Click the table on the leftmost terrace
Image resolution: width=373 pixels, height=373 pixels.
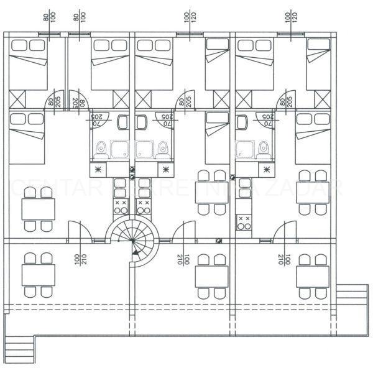pos(39,274)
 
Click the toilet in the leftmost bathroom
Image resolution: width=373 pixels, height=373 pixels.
pos(101,148)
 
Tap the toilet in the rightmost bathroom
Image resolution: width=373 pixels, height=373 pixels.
pos(264,147)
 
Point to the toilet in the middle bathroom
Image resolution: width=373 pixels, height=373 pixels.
pos(163,148)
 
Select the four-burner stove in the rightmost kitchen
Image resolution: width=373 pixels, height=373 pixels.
pos(243,222)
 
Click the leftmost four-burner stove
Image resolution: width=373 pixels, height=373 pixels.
pos(119,206)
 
